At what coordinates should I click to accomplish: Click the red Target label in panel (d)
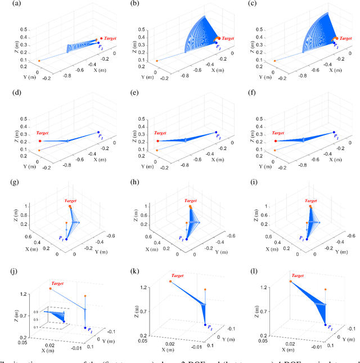click(43, 133)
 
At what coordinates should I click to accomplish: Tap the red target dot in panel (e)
click(158, 141)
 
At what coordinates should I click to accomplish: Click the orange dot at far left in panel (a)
click(39, 61)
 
